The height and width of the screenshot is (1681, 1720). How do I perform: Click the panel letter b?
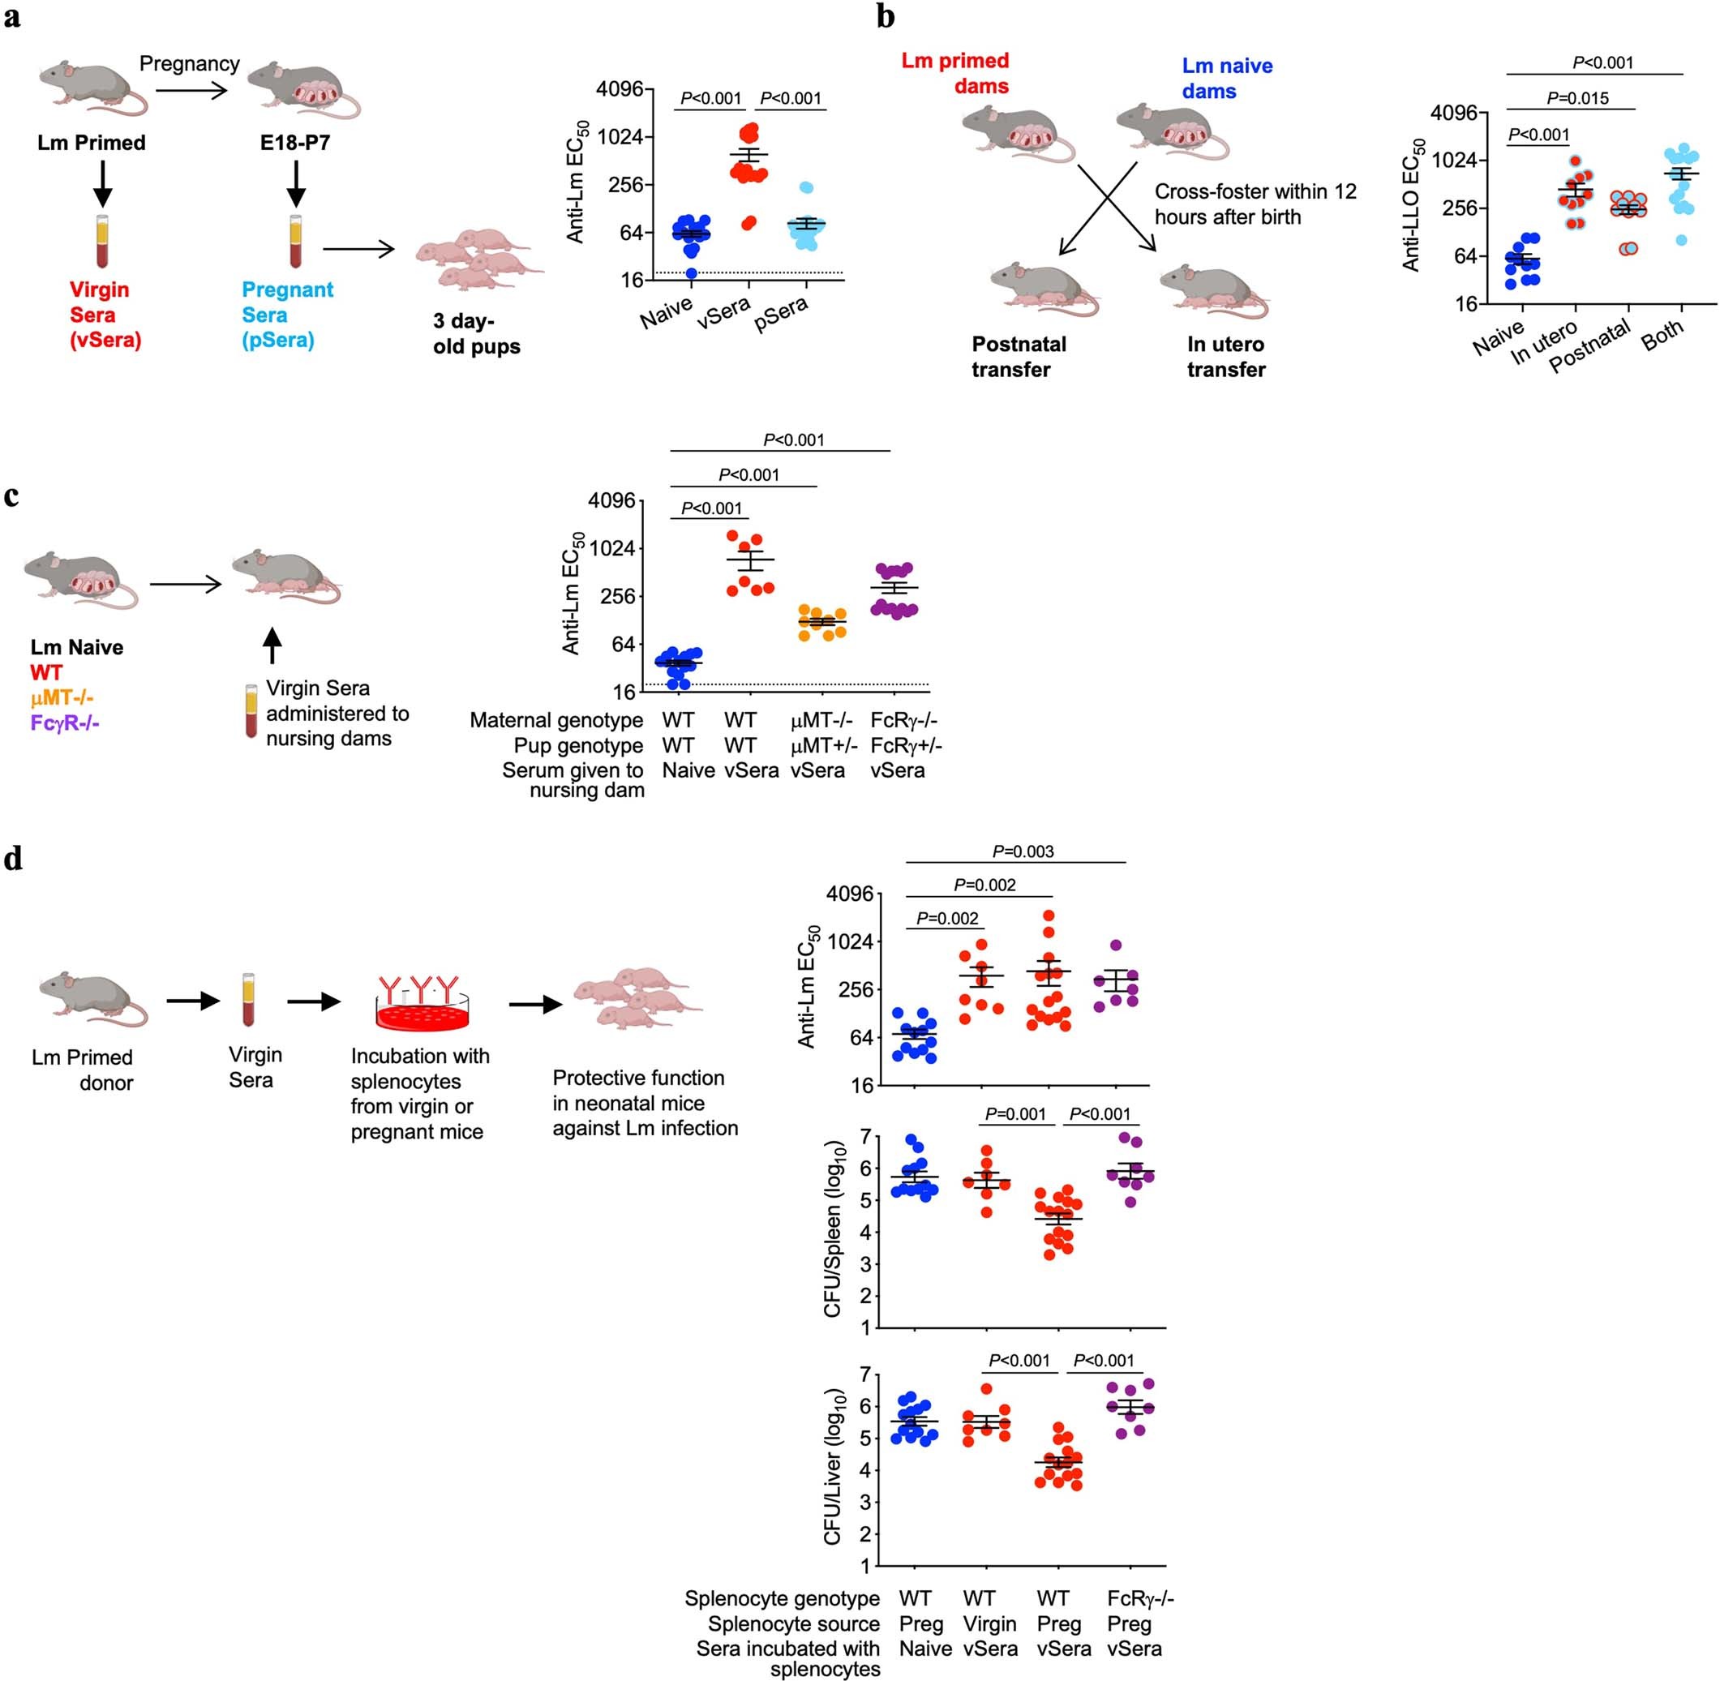886,17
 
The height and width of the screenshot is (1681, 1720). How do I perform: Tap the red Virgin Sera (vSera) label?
105,315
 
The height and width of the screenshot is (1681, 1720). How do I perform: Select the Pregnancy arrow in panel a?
191,89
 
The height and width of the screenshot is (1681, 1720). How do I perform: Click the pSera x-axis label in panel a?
781,315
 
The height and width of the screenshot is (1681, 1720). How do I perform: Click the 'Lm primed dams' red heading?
955,72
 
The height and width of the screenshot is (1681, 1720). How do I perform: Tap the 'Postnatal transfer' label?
1018,357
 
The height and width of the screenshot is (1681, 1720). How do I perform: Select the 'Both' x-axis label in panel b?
1662,335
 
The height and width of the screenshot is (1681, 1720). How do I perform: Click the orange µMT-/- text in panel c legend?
62,697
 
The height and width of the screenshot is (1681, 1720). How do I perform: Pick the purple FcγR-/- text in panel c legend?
64,723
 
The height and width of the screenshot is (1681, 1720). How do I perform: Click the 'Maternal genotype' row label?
555,720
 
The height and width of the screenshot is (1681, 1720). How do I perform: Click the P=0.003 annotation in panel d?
1023,851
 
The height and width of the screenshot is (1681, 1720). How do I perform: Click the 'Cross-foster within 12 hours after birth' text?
1255,204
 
